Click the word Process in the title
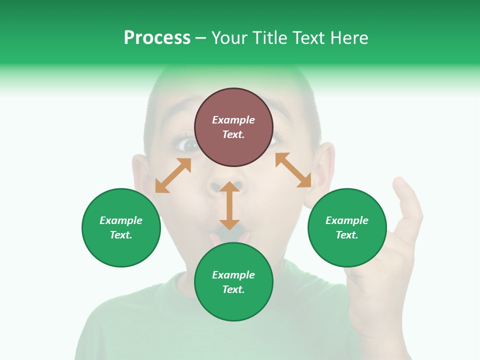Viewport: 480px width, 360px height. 157,38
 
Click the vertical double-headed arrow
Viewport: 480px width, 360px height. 229,206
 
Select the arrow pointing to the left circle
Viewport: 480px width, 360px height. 173,175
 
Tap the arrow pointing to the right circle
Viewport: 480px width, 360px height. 293,170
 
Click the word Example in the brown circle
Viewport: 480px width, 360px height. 233,120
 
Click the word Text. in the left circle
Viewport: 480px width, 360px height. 121,235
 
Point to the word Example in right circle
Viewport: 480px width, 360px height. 347,220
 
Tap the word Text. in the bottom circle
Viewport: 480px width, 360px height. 233,289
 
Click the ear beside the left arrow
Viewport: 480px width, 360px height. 141,175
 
